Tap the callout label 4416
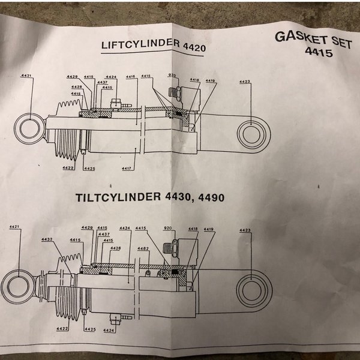click(131, 77)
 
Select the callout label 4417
click(126, 169)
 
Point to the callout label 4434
click(125, 228)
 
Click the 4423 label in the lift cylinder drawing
click(245, 82)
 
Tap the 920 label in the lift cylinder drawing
click(172, 76)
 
